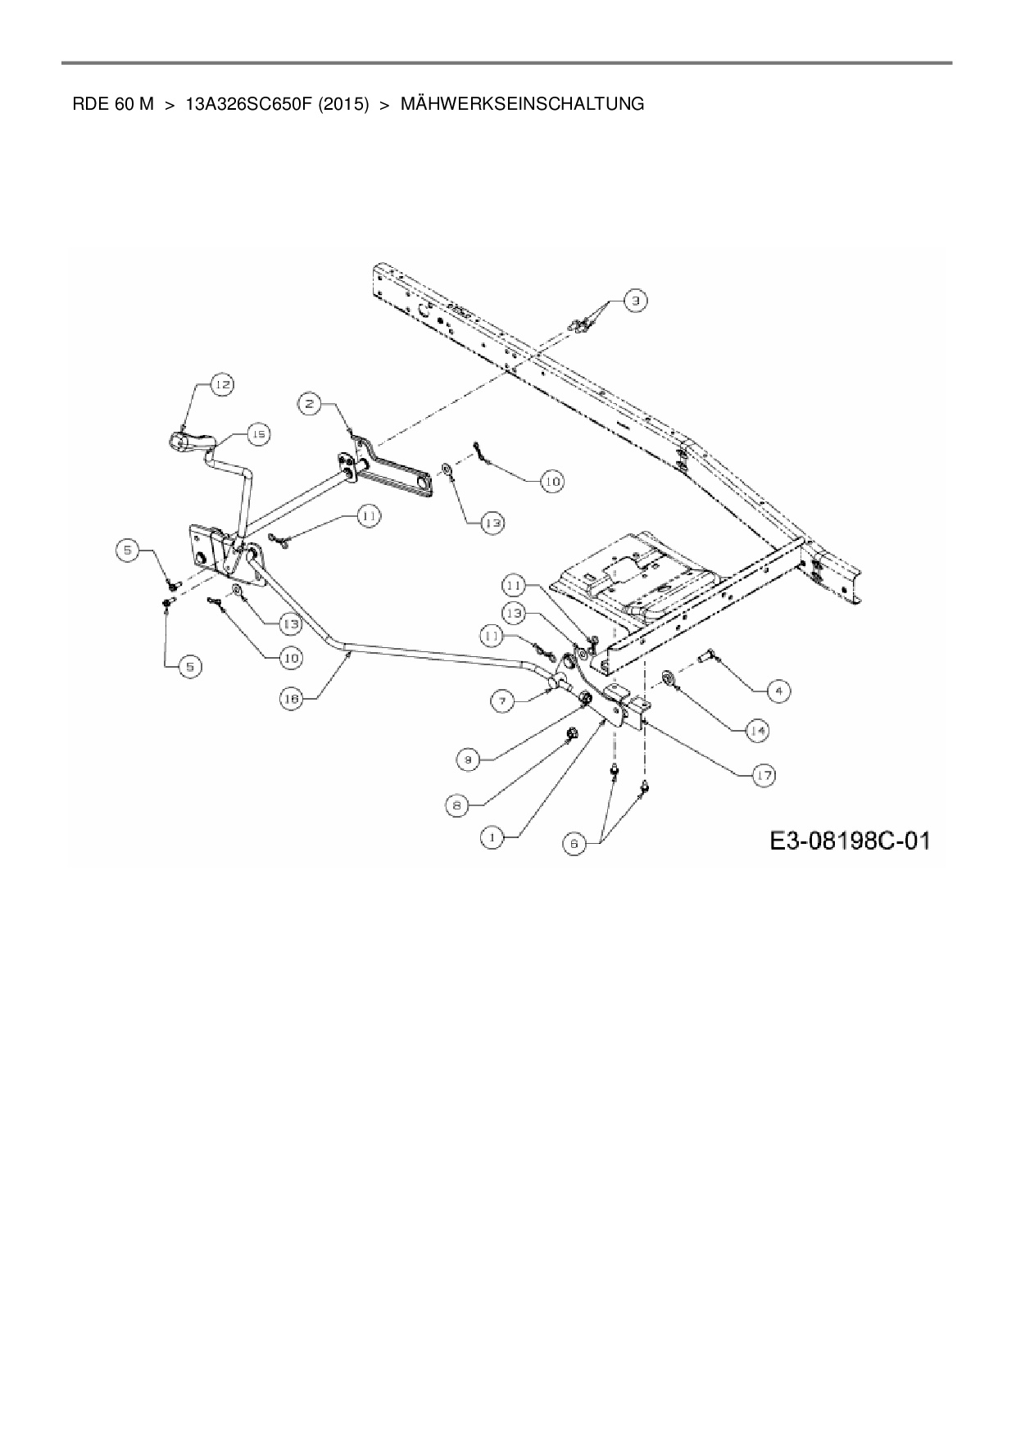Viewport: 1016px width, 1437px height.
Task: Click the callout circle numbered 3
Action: pyautogui.click(x=636, y=301)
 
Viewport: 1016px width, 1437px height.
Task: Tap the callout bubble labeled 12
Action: pyautogui.click(x=222, y=383)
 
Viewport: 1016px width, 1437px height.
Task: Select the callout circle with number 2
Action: pyautogui.click(x=309, y=402)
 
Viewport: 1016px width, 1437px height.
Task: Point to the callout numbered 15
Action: pyautogui.click(x=258, y=434)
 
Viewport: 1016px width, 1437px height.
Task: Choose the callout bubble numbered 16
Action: pyautogui.click(x=291, y=699)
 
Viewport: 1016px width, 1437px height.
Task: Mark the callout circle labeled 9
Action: pyautogui.click(x=468, y=760)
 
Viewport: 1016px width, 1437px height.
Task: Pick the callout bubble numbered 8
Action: pyautogui.click(x=457, y=805)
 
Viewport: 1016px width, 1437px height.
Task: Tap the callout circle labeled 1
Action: pyautogui.click(x=492, y=837)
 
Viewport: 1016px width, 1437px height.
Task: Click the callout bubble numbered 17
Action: pyautogui.click(x=764, y=775)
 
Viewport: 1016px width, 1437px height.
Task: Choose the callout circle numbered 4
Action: pyautogui.click(x=778, y=691)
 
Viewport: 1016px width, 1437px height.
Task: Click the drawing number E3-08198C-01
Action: pyautogui.click(x=850, y=841)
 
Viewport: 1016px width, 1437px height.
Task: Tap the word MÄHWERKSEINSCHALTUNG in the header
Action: pyautogui.click(x=522, y=104)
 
